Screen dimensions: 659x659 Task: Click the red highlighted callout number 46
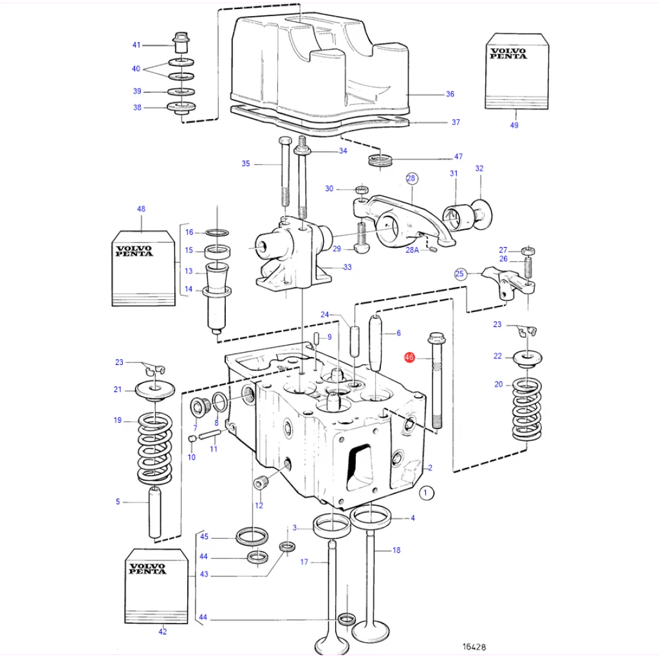409,357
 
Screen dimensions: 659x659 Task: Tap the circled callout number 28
411,178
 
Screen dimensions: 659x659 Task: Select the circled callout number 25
459,274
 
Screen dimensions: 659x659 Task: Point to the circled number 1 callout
426,492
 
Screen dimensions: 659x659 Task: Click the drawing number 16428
474,647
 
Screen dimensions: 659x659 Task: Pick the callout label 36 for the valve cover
450,94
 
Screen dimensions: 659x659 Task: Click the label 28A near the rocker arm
413,250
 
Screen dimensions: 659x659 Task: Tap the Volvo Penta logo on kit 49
508,53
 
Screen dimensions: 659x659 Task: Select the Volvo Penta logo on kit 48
134,251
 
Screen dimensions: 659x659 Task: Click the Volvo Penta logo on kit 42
147,569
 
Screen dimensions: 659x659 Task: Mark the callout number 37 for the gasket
456,122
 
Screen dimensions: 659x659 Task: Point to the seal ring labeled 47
380,160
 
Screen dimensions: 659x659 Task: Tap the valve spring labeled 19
155,449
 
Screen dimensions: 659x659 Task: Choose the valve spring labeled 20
526,409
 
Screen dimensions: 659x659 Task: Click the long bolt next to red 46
436,381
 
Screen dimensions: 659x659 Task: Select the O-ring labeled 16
218,232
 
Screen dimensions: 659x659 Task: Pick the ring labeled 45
252,536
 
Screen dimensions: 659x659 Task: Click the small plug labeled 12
261,484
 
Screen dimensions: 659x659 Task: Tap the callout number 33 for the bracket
347,267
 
